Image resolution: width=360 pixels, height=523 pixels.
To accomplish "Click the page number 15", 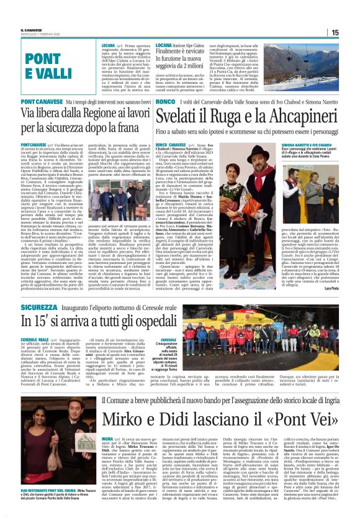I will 351,32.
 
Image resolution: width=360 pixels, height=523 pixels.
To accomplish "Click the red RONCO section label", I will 166,101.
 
